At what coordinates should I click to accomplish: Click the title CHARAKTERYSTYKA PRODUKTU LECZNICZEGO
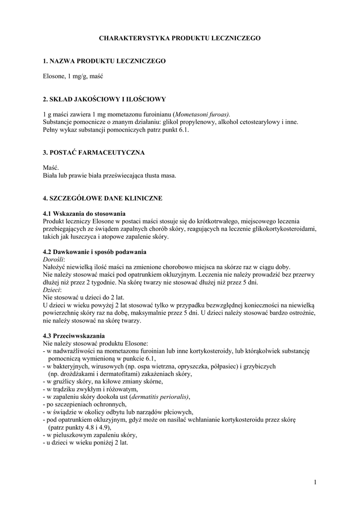(180, 38)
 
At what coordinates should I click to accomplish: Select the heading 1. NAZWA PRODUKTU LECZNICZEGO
(104, 61)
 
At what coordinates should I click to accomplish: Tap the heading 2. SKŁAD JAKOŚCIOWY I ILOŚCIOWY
(104, 99)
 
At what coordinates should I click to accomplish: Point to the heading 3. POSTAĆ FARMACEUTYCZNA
(94, 152)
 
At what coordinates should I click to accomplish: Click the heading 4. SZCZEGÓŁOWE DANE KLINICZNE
(103, 198)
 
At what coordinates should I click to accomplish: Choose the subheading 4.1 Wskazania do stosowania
(82, 213)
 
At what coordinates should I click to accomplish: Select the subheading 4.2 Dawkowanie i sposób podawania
(94, 252)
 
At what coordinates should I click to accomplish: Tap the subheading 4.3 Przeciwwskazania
(73, 336)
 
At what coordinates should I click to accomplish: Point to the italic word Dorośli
(54, 259)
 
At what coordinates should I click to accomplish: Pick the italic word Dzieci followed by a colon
(52, 290)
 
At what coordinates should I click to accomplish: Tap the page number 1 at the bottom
(315, 481)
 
